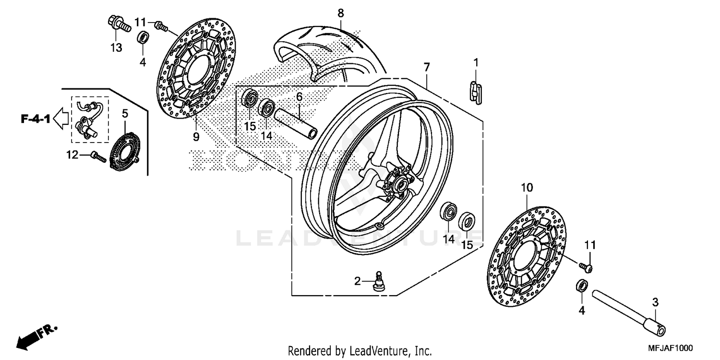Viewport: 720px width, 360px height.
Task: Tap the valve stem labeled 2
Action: pos(380,281)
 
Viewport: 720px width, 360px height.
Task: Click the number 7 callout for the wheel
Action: pos(426,67)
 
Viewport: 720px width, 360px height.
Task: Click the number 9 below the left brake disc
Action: pos(196,137)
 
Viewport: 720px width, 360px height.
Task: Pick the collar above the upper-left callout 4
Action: pos(143,37)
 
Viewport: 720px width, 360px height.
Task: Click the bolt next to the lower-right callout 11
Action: pos(586,265)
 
